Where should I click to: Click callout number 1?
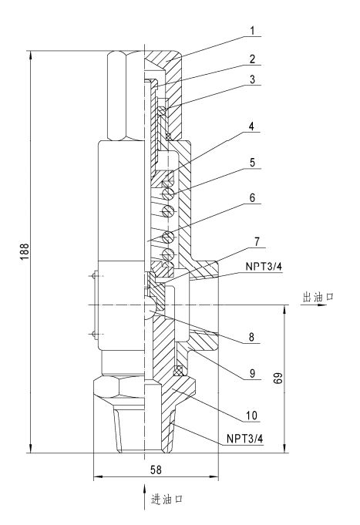coord(253,31)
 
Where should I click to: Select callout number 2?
coord(253,59)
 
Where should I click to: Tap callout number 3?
coord(253,79)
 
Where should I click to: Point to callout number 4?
coord(251,126)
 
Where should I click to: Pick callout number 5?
coord(253,163)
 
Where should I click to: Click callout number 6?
coord(252,197)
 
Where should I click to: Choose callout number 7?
coord(257,241)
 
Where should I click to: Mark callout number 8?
coord(252,337)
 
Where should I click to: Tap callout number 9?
coord(252,373)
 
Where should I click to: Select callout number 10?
coord(251,416)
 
